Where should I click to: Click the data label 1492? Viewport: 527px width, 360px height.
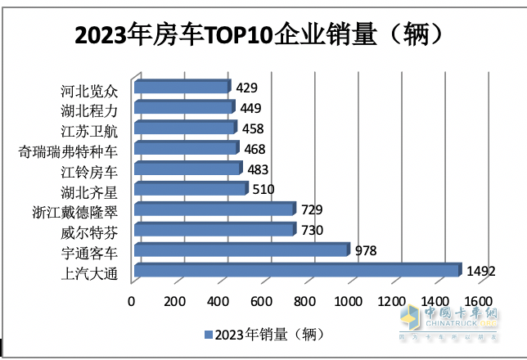pyautogui.click(x=482, y=271)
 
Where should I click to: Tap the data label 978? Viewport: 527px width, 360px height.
pyautogui.click(x=366, y=250)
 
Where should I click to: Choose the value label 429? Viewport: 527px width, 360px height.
pyautogui.click(x=247, y=87)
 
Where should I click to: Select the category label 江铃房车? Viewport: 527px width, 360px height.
pyautogui.click(x=89, y=170)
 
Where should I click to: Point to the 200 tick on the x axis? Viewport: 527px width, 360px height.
pyautogui.click(x=174, y=301)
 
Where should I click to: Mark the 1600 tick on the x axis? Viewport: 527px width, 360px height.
pyautogui.click(x=480, y=301)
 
